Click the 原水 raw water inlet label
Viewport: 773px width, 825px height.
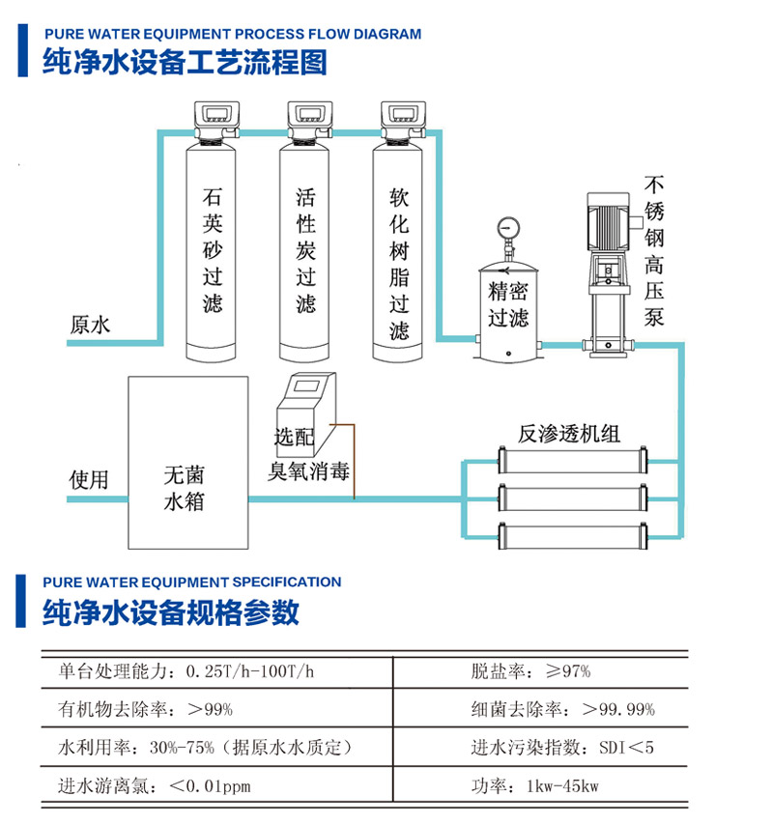point(90,325)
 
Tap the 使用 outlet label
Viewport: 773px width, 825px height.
point(89,480)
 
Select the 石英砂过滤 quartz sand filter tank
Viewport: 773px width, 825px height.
point(213,251)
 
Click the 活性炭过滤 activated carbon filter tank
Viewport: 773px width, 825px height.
point(306,251)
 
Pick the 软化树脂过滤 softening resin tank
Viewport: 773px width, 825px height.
point(399,251)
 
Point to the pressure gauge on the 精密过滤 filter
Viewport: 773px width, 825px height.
point(507,229)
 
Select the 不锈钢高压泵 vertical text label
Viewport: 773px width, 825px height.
point(655,250)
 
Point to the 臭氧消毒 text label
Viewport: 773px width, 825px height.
point(309,474)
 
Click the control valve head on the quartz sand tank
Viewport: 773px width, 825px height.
point(213,119)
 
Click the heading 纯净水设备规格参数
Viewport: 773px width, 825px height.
point(171,612)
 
